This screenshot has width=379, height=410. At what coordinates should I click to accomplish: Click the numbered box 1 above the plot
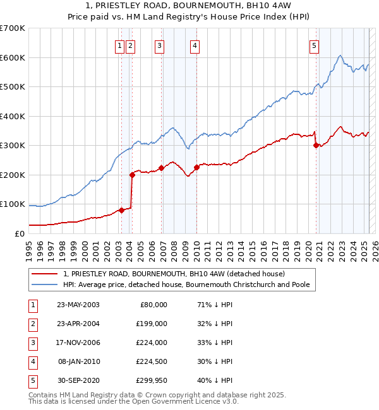coord(119,45)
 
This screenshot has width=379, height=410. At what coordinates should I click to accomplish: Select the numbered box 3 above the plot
coord(159,45)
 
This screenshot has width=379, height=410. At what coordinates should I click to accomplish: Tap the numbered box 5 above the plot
coord(314,45)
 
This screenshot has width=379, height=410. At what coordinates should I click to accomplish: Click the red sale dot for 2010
coord(196,167)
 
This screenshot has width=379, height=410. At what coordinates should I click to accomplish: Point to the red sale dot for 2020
coord(316,145)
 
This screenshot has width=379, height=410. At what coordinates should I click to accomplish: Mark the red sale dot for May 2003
coord(121,210)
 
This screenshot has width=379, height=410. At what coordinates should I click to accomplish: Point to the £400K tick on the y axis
coord(13,116)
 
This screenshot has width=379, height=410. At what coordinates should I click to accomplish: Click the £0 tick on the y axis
coord(19,233)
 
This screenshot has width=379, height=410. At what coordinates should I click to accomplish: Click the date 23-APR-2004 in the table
coord(78,323)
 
